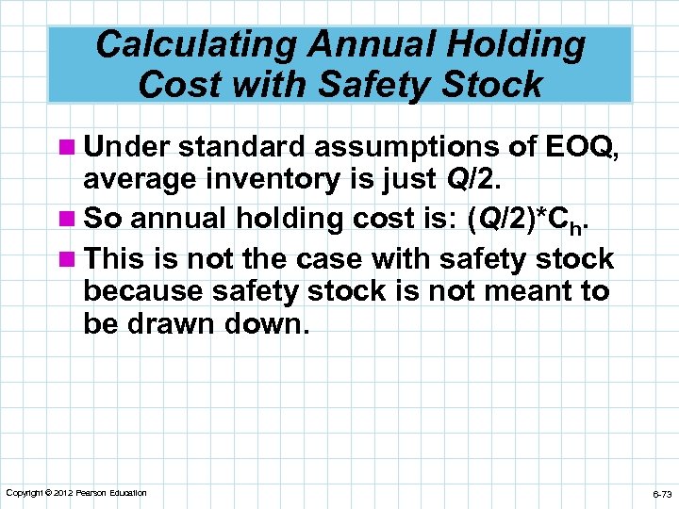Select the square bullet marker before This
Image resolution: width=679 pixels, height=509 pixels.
click(68, 259)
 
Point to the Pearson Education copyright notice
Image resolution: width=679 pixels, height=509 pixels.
click(75, 493)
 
